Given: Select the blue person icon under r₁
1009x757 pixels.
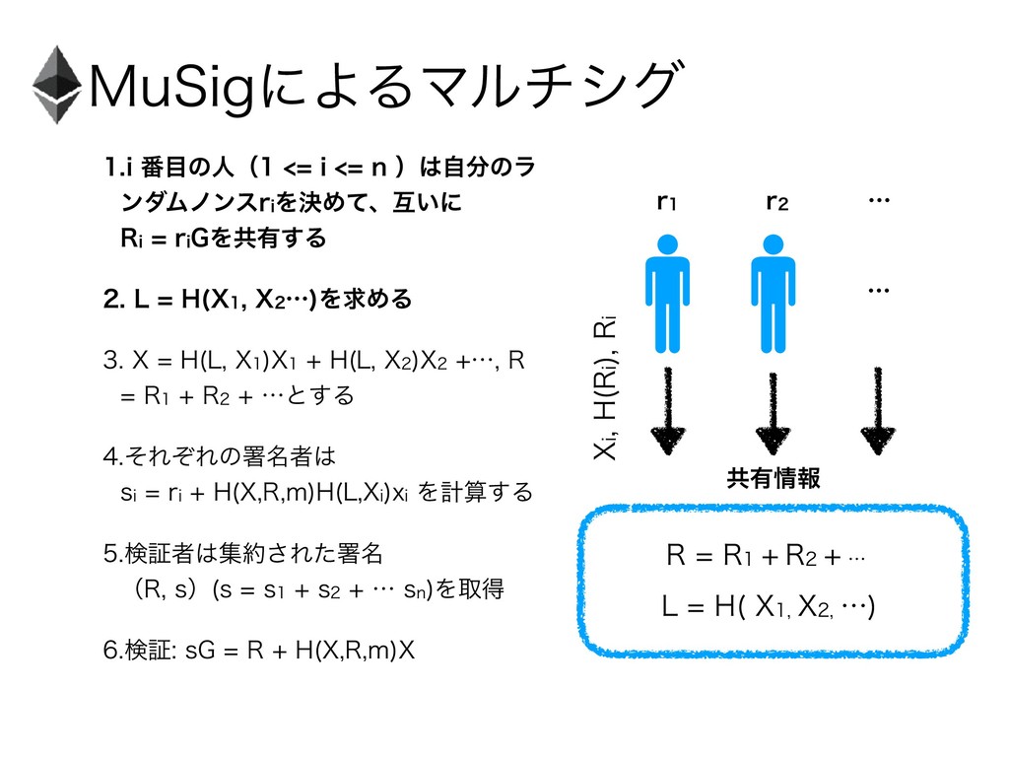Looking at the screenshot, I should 668,287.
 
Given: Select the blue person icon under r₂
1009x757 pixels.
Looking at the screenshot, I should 775,287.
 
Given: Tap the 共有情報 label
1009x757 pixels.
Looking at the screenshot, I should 773,478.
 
